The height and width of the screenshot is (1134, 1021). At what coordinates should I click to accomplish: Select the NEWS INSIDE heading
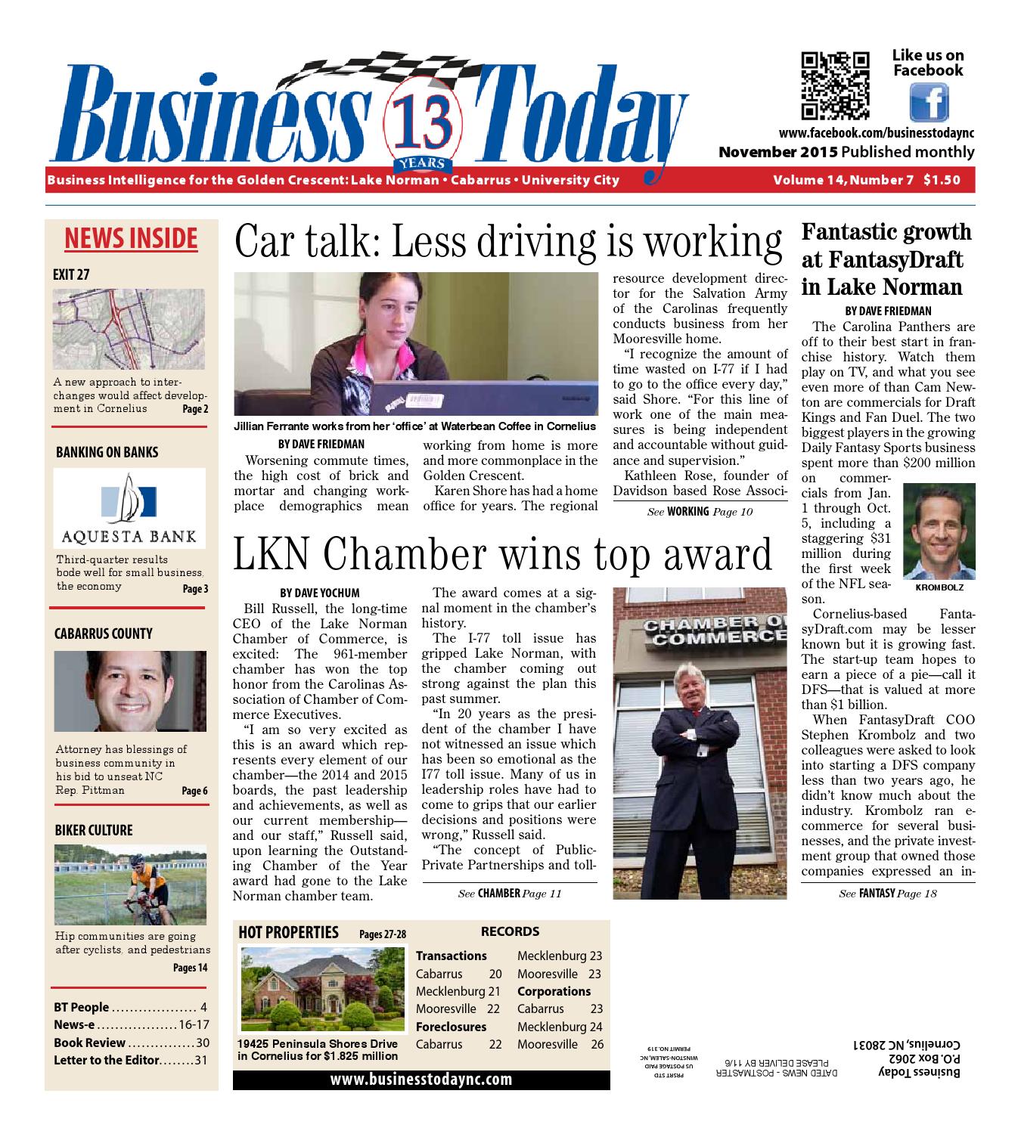pos(131,238)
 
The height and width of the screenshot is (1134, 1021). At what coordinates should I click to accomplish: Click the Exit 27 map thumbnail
pos(129,329)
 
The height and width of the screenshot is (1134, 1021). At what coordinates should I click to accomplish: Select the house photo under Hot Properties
pos(322,991)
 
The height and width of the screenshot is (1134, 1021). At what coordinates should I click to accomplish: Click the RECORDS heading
pos(510,931)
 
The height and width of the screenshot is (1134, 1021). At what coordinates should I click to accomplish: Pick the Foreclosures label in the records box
pos(451,1027)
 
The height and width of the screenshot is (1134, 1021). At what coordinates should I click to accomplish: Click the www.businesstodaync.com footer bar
pos(421,1079)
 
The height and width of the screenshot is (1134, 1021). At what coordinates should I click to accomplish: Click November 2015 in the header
pos(777,152)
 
